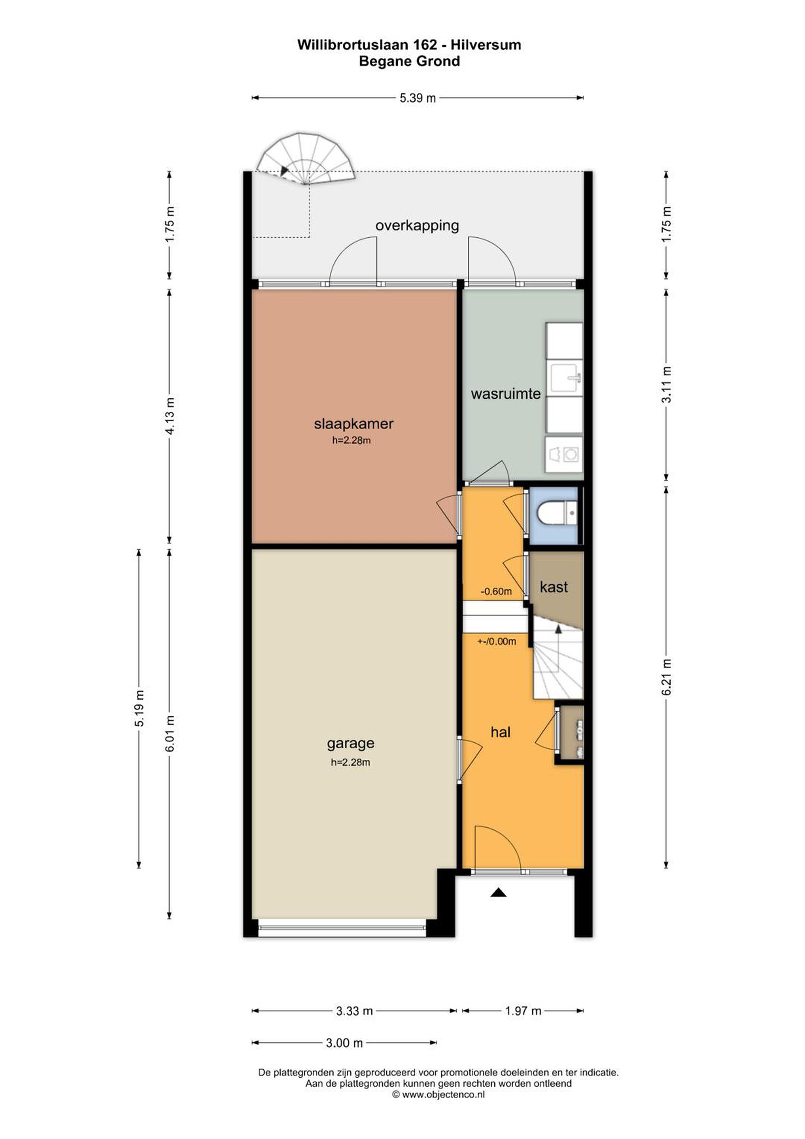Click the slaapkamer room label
tap(353, 424)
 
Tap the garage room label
tap(350, 744)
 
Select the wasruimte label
tap(505, 394)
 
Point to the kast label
tap(554, 587)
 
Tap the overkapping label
tap(417, 226)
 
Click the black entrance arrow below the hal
tap(499, 893)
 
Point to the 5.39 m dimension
tap(418, 98)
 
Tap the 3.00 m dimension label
tap(344, 1043)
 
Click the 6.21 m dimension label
tap(667, 677)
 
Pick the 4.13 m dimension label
tap(170, 416)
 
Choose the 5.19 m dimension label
tap(140, 708)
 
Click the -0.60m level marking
tap(496, 591)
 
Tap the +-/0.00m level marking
tap(497, 641)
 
